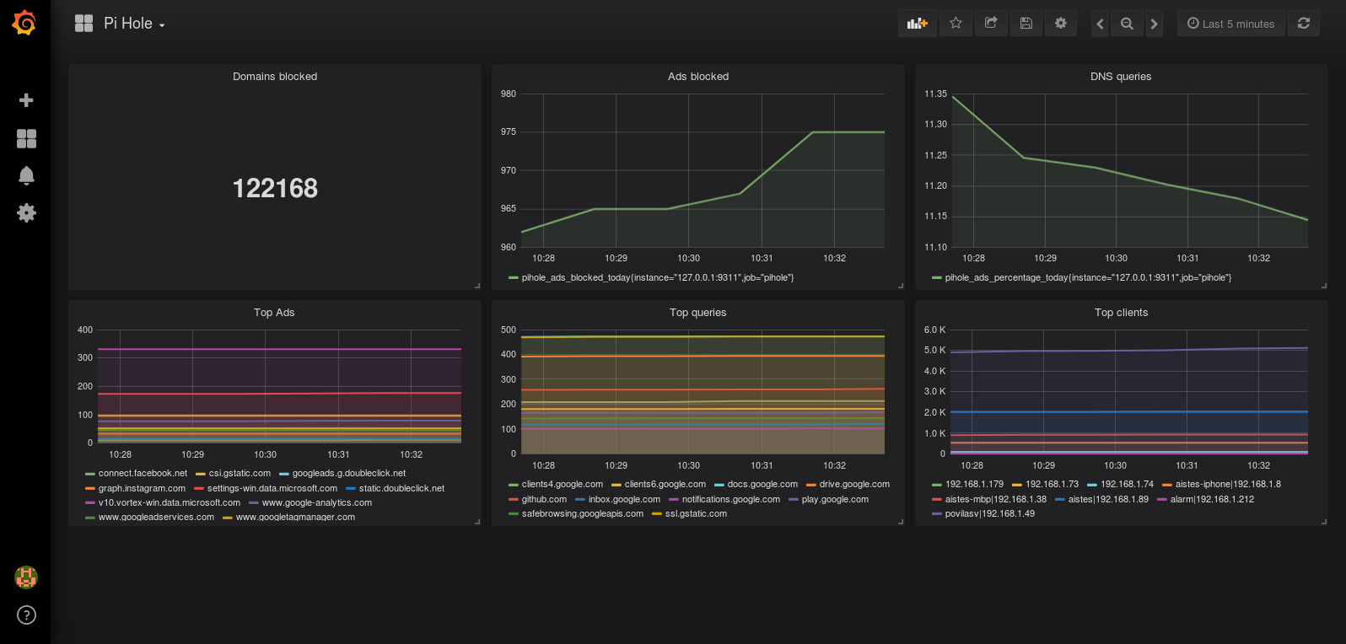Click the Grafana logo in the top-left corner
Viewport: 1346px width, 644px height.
(24, 23)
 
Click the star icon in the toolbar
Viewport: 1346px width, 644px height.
(956, 24)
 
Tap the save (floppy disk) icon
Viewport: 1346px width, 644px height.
(1026, 24)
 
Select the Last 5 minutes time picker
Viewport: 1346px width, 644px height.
(1230, 24)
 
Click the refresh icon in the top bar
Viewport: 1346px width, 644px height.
(1303, 24)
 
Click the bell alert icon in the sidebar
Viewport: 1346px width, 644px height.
(26, 175)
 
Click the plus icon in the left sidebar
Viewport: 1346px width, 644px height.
(26, 99)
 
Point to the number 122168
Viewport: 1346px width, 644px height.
(275, 188)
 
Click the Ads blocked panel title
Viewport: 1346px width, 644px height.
(698, 77)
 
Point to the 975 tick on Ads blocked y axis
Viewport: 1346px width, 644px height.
(509, 131)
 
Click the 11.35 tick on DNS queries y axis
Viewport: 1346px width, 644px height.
(935, 94)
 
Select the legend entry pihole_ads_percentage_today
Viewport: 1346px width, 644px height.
(1081, 277)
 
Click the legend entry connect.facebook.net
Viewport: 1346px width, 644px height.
(137, 474)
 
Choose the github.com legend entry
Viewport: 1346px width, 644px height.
(537, 499)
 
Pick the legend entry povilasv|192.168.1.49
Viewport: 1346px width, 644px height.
(983, 513)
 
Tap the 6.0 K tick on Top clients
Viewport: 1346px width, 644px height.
(934, 330)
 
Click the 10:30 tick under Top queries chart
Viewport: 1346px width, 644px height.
(689, 465)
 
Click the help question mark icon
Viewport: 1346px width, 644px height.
(26, 614)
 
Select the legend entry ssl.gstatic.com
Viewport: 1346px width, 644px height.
(689, 513)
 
